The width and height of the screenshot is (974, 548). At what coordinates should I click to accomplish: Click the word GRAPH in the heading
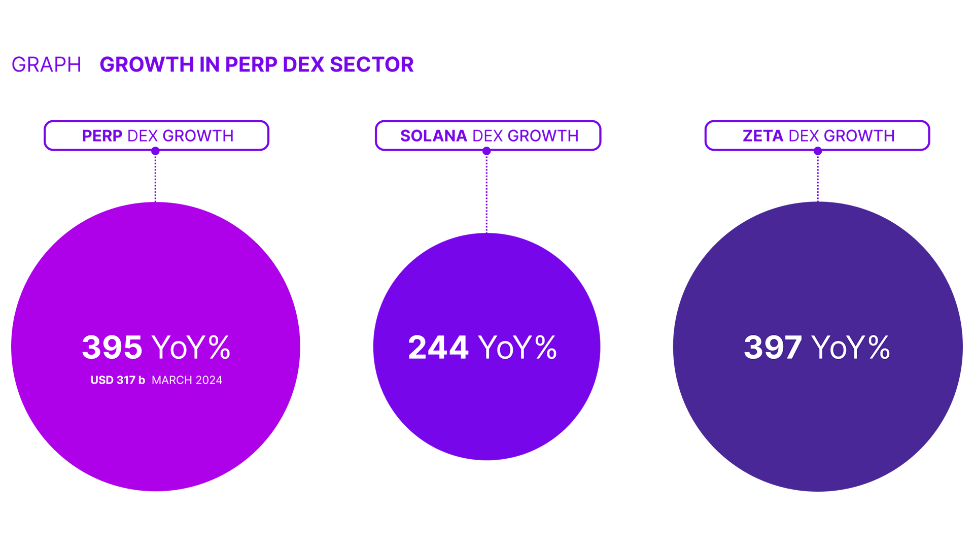(46, 64)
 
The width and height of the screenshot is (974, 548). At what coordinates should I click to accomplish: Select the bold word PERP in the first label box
(102, 136)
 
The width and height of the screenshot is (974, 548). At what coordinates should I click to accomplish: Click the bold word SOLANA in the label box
(433, 136)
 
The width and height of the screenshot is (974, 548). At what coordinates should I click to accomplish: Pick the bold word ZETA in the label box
(763, 136)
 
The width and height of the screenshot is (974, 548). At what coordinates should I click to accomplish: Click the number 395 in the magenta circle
(112, 348)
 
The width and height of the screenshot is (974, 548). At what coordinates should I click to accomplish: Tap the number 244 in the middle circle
(438, 348)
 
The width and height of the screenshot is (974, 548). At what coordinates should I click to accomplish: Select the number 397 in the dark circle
(773, 348)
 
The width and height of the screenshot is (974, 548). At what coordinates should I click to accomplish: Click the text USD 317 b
(118, 380)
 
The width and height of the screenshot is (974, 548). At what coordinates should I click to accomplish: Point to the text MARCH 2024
(187, 380)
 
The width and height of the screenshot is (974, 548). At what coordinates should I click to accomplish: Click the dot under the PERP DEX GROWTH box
(156, 151)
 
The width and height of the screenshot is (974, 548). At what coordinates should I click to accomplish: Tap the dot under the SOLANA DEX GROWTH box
(486, 151)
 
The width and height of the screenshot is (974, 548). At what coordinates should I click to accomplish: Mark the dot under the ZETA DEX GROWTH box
(818, 151)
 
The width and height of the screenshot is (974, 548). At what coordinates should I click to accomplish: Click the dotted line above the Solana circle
(486, 193)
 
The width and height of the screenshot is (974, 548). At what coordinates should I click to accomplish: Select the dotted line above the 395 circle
(156, 178)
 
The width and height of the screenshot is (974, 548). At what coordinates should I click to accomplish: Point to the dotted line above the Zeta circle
(818, 178)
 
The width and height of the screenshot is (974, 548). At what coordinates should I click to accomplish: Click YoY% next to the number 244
(517, 348)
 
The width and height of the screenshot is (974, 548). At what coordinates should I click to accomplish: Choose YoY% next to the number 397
(850, 348)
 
